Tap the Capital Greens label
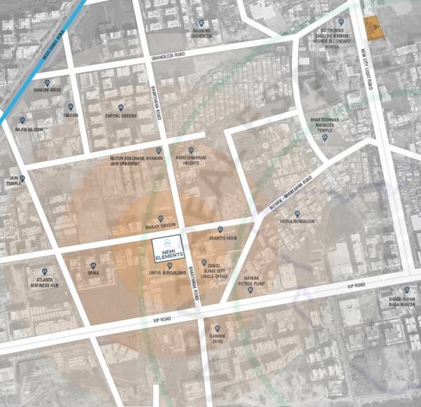120,116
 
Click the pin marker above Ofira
92,257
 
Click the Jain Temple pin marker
22,179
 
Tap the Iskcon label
71,115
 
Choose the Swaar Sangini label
160,227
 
